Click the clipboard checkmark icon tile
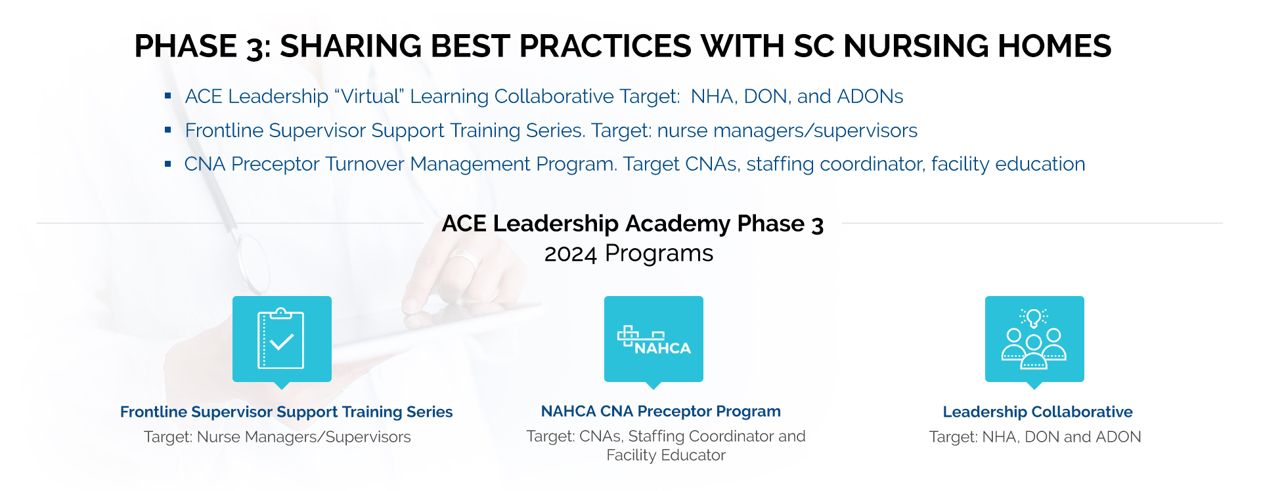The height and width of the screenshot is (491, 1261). pyautogui.click(x=282, y=339)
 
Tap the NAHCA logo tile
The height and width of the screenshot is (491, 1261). pyautogui.click(x=653, y=339)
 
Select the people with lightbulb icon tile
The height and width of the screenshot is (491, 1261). pyautogui.click(x=1034, y=339)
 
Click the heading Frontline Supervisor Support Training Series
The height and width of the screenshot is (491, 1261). pyautogui.click(x=286, y=412)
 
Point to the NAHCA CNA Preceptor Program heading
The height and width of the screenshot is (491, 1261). pyautogui.click(x=661, y=411)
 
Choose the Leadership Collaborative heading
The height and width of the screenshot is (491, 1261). pyautogui.click(x=1038, y=412)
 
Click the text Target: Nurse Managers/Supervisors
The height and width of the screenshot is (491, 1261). pyautogui.click(x=277, y=437)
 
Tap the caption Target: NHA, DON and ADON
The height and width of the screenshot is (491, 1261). pyautogui.click(x=1035, y=437)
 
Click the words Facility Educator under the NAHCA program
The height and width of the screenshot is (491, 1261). pyautogui.click(x=666, y=455)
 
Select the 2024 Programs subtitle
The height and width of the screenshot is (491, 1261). pyautogui.click(x=629, y=253)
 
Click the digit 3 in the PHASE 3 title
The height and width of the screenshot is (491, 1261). pyautogui.click(x=255, y=47)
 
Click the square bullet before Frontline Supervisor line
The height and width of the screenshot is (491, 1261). pyautogui.click(x=168, y=130)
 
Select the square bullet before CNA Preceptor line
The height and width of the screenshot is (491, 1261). pyautogui.click(x=168, y=163)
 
